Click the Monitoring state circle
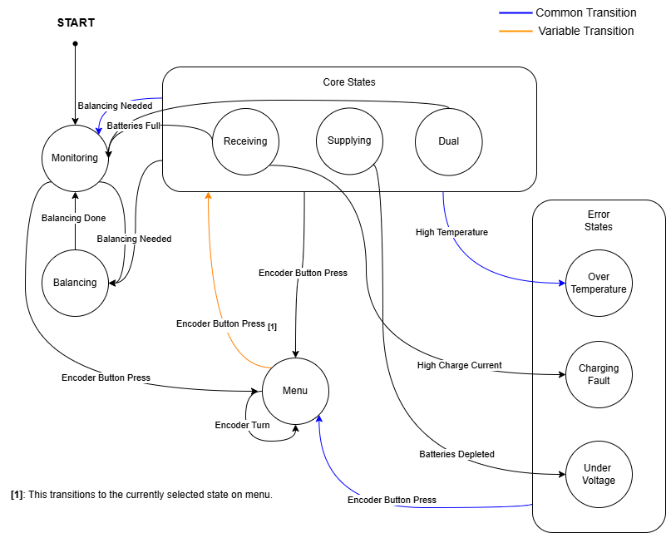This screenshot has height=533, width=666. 75,158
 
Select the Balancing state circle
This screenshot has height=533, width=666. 75,283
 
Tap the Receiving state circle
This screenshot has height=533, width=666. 245,141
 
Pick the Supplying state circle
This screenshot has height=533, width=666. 349,141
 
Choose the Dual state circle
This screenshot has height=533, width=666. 448,141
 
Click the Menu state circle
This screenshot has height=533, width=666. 295,391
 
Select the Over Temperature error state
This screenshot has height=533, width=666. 598,283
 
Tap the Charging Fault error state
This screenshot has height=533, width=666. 598,374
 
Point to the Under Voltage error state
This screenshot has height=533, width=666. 598,474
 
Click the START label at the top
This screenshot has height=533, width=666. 76,23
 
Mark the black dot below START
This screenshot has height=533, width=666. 75,43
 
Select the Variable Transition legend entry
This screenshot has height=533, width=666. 585,31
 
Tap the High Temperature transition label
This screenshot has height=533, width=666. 451,233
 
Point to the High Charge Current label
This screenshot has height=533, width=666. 459,366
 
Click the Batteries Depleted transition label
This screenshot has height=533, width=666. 456,454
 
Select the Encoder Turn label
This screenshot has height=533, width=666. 242,425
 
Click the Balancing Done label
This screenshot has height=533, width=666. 73,219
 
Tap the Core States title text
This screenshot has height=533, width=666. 348,82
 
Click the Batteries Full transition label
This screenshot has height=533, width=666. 133,126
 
